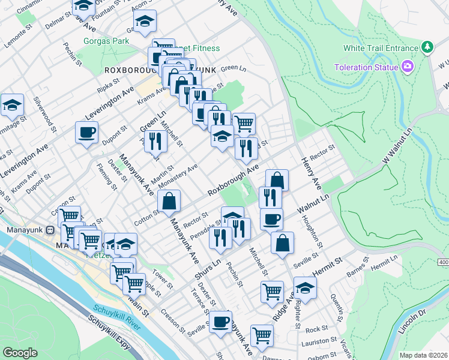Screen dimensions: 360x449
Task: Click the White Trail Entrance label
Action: click(x=380, y=48)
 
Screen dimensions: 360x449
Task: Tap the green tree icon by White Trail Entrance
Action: click(x=427, y=47)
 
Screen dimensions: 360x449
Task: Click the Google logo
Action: click(x=20, y=353)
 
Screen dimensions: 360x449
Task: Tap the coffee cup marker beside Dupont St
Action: click(x=86, y=133)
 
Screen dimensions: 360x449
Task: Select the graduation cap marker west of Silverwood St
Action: click(x=12, y=106)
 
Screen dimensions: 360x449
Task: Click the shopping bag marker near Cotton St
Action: click(x=169, y=202)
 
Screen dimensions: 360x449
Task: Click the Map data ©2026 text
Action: click(x=424, y=355)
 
